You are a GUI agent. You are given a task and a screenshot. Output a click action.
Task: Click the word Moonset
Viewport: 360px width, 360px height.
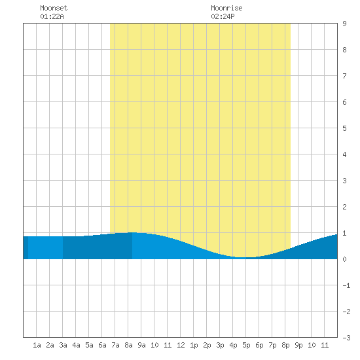coord(54,8)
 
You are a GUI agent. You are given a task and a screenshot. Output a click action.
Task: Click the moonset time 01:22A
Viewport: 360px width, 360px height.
coord(52,16)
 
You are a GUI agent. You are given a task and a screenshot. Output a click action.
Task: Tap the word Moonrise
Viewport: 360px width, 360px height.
coord(226,8)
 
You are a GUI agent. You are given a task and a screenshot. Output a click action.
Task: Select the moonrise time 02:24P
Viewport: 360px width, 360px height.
coord(223,16)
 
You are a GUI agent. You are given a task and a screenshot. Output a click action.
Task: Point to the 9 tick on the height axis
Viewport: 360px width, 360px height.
coord(344,24)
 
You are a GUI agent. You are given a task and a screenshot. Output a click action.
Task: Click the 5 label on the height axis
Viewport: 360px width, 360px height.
coord(344,128)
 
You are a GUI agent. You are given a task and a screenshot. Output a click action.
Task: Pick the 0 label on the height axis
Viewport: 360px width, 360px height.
coord(344,259)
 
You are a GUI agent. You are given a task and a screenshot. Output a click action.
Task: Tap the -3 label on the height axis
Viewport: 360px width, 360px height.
coord(347,338)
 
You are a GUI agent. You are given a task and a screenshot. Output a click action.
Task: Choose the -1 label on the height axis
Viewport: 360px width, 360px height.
coord(347,285)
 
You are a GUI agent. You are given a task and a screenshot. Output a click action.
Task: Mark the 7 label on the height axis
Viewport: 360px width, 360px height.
coord(344,76)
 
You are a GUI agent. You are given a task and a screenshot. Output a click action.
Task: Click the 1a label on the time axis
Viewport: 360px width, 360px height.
coord(37,345)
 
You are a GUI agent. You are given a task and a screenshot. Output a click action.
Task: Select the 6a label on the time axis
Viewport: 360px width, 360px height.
coord(102,345)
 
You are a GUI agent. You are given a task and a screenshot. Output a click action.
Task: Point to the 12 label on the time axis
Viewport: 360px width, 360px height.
coord(181,345)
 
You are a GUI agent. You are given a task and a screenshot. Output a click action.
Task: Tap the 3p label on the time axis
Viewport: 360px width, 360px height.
coord(220,345)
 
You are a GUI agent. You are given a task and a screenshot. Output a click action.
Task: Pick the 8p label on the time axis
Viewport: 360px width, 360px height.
coord(285,345)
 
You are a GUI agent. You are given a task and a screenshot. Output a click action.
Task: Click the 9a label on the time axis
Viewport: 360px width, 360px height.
coord(141,345)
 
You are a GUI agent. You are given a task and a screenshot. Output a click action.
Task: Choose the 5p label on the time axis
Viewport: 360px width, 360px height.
coord(246,345)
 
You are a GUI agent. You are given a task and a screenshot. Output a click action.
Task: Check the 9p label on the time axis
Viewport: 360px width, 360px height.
coord(298,345)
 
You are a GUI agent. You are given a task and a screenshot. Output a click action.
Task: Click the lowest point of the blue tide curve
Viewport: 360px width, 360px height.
coord(244,257)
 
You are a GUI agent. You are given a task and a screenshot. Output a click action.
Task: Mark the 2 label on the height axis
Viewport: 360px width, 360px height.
coord(344,207)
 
